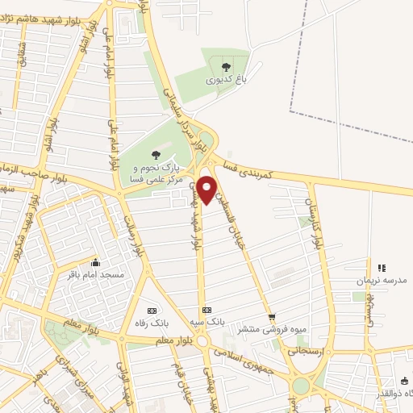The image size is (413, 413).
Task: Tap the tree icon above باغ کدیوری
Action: click(224, 65)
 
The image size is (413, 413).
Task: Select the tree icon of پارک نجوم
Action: click(156, 154)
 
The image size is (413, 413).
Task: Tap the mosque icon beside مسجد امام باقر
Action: click(97, 262)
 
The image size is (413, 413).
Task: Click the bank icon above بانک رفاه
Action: click(152, 311)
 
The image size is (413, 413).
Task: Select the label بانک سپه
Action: click(208, 323)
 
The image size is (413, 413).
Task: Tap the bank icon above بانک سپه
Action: click(206, 310)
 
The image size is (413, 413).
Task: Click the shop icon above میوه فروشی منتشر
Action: click(272, 317)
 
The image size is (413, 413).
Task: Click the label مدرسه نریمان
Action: click(381, 281)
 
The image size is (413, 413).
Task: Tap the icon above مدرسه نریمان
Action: click(382, 268)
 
